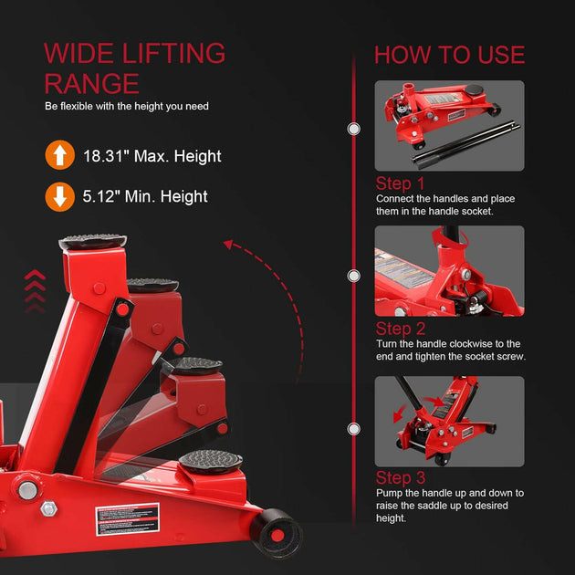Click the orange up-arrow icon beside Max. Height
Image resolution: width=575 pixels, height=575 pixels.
59,156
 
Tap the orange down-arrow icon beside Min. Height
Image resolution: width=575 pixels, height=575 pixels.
59,196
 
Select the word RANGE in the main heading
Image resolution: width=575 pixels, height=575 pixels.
91,84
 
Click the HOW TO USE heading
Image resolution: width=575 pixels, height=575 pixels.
449,54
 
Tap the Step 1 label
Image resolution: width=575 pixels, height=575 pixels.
401,183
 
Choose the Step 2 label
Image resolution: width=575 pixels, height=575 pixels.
401,329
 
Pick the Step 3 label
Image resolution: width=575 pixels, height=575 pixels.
401,478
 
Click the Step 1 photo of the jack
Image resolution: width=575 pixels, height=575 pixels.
449,125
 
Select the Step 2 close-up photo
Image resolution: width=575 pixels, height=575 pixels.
449,270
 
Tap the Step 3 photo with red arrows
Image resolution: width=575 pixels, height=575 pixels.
449,421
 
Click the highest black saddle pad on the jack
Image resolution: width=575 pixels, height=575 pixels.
93,243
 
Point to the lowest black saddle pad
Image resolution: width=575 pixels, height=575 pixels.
210,458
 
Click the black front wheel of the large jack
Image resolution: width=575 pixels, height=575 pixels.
277,531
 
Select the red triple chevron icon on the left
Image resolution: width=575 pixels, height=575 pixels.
34,290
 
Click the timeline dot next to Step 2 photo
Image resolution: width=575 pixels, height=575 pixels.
353,276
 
